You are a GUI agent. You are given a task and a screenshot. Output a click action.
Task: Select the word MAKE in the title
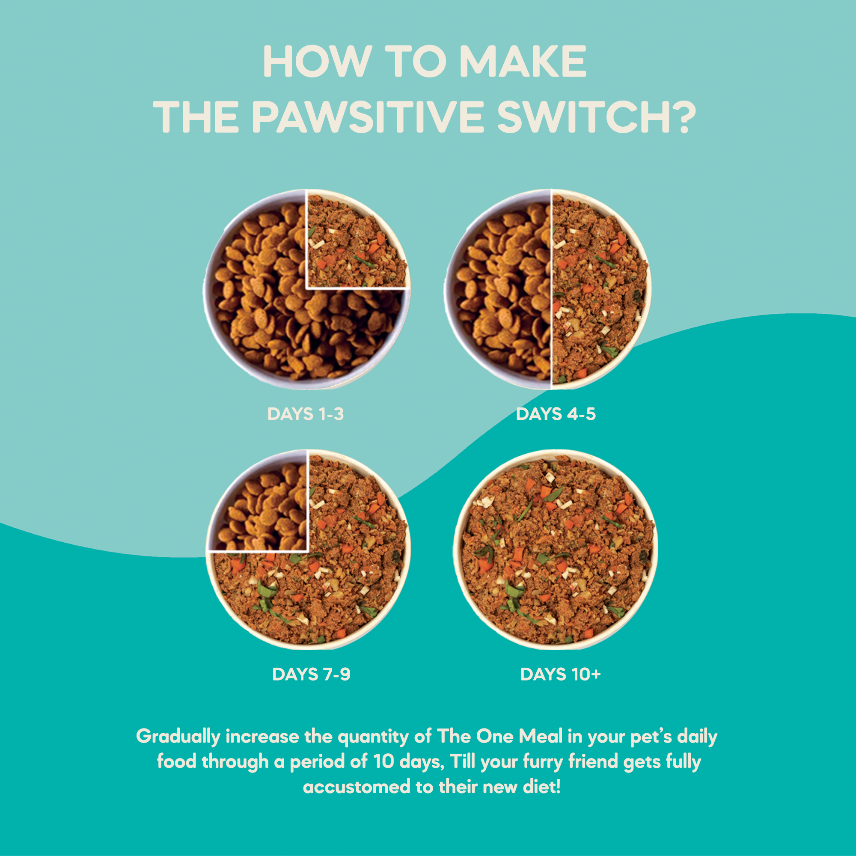pyautogui.click(x=523, y=62)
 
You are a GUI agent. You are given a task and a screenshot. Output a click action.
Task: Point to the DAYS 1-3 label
pyautogui.click(x=305, y=414)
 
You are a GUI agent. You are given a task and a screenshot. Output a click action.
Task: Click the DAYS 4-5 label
pyautogui.click(x=556, y=414)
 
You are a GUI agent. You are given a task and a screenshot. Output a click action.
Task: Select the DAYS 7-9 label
pyautogui.click(x=311, y=675)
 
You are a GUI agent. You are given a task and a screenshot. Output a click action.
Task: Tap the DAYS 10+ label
pyautogui.click(x=560, y=675)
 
